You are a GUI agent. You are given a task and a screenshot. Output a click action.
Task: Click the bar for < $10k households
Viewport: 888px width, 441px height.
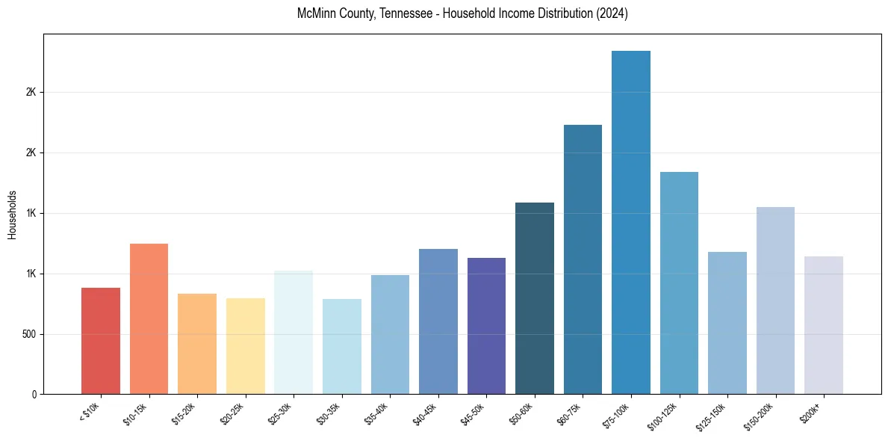pyautogui.click(x=101, y=341)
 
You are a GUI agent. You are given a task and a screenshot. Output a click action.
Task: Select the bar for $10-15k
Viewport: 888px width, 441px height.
pyautogui.click(x=149, y=319)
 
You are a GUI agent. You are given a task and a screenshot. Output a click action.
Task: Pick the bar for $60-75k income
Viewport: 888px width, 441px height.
pyautogui.click(x=583, y=259)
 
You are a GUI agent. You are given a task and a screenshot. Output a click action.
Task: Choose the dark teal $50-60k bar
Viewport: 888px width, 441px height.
pyautogui.click(x=535, y=298)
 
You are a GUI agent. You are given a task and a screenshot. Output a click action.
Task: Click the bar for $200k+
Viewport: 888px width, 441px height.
pyautogui.click(x=824, y=325)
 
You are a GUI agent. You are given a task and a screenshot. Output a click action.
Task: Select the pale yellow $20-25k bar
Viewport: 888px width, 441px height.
pyautogui.click(x=246, y=346)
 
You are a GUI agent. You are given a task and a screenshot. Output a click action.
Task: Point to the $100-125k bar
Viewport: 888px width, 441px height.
pyautogui.click(x=679, y=283)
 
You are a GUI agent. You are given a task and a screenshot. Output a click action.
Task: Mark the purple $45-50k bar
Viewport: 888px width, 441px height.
pyautogui.click(x=486, y=326)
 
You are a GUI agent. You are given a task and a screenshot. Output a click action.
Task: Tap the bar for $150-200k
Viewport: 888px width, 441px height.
pyautogui.click(x=775, y=300)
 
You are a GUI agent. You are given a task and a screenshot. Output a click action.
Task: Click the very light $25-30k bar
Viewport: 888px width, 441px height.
pyautogui.click(x=294, y=333)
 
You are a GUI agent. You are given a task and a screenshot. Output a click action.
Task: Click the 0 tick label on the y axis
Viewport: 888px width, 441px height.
pyautogui.click(x=34, y=395)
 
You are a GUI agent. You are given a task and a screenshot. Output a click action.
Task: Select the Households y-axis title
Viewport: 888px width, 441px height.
pyautogui.click(x=13, y=214)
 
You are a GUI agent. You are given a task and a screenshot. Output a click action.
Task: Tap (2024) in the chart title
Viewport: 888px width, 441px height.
pyautogui.click(x=612, y=14)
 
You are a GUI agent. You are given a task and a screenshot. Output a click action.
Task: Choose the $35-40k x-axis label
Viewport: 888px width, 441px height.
pyautogui.click(x=379, y=413)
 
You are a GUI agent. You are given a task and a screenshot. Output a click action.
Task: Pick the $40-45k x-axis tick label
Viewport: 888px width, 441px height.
pyautogui.click(x=426, y=413)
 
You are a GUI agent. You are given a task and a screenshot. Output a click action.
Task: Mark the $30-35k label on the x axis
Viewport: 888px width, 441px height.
pyautogui.click(x=330, y=413)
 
